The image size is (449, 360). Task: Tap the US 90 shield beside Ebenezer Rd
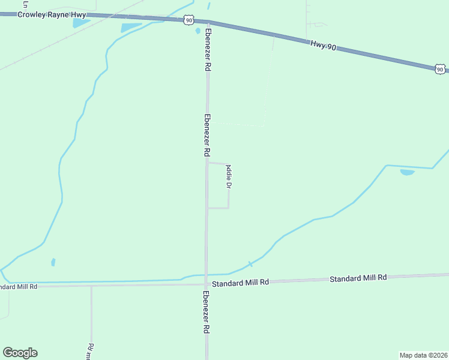(x=190, y=20)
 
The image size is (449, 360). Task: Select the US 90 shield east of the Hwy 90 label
(x=441, y=69)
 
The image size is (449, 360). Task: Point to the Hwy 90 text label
(x=324, y=46)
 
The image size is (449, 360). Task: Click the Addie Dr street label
(x=229, y=178)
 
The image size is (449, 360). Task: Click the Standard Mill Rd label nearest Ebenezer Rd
(x=240, y=282)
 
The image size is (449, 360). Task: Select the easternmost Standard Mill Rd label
(x=358, y=278)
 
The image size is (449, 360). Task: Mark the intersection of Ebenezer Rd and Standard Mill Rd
(x=206, y=284)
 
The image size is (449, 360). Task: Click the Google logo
(x=20, y=353)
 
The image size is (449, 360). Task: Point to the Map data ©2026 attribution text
(x=424, y=355)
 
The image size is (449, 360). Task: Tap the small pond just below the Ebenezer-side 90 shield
(x=197, y=31)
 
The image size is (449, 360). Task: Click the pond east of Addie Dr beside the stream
(x=407, y=172)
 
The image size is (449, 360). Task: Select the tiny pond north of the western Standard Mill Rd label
(x=53, y=262)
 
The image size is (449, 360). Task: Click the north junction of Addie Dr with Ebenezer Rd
(x=207, y=162)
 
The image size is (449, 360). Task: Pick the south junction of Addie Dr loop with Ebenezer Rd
(x=207, y=208)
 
